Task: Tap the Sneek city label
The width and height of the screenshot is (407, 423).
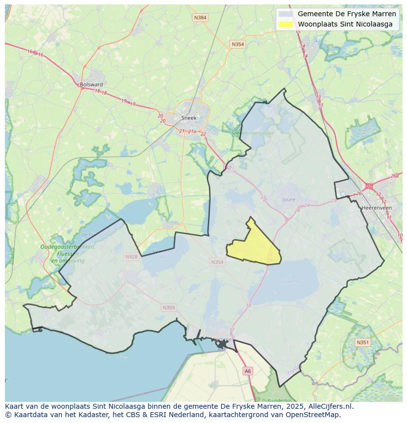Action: (189, 118)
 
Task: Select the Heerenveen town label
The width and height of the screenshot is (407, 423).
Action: (376, 208)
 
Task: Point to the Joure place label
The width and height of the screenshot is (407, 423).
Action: (289, 200)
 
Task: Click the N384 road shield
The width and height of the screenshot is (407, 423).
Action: (200, 18)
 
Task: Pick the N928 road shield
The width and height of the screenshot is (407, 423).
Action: (131, 256)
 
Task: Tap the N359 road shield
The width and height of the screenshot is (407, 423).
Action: (168, 308)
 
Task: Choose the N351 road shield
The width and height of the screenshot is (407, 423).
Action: (362, 342)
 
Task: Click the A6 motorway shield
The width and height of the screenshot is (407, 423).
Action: (248, 371)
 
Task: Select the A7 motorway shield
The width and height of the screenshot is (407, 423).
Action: (228, 168)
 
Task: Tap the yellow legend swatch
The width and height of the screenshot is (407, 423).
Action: (285, 24)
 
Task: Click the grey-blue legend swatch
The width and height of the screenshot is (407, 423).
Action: (285, 14)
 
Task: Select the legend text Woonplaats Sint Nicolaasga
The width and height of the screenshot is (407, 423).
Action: (345, 24)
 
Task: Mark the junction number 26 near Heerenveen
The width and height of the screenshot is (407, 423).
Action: (358, 193)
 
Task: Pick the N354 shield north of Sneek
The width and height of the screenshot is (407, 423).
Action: (237, 44)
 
